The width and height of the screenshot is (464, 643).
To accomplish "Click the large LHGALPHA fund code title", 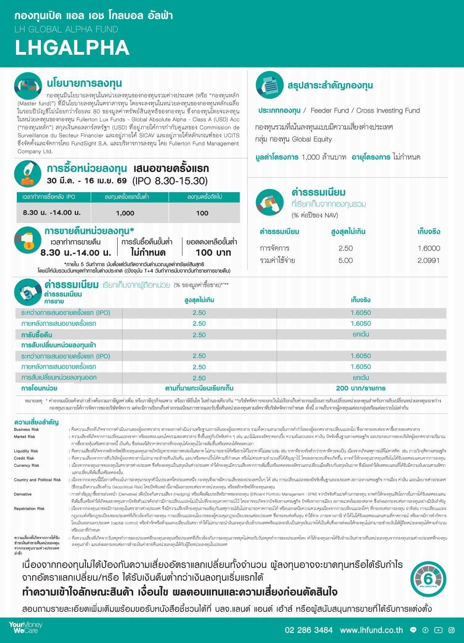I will pos(72,48).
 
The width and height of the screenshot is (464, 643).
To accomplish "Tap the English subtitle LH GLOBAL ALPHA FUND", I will pos(66,30).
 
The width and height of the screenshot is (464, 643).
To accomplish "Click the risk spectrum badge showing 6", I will pos(428,579).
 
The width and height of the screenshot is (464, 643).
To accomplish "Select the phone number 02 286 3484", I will pos(308,630).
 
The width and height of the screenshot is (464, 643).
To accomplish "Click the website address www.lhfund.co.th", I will pos(371,630).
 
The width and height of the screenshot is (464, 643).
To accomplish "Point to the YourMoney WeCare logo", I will pos(25,627).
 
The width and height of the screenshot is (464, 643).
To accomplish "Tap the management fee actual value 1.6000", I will pos(428,248).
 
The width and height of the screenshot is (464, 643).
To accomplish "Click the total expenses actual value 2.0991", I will pos(428,261).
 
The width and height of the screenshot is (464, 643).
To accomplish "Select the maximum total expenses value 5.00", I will pos(346,261).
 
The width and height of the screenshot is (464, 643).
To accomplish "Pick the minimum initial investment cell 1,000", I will pos(125,213).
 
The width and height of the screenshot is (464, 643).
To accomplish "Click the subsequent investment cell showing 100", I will pos(202,213).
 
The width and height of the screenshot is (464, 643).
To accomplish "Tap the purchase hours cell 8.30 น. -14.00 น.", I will pos(52,213).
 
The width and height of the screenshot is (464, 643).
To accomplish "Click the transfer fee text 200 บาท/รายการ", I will pos(360,388).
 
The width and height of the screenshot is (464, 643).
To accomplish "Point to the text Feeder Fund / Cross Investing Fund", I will pos(365,111).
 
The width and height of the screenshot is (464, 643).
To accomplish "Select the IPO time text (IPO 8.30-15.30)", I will pos(170,181).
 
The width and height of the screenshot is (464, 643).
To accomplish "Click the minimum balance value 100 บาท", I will pos(213,253).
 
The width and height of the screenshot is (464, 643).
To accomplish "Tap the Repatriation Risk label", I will pos(29,509).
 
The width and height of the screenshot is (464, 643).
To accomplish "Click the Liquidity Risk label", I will pos(26,451).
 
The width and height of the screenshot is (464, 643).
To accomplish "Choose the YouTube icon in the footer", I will pos(438,630).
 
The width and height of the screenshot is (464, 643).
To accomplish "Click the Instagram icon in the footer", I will pos(452,630).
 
